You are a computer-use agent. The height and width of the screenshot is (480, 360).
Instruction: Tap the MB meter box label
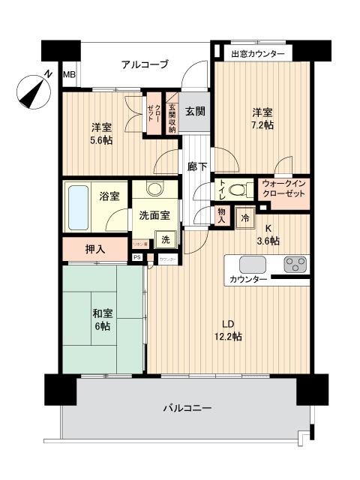coord(69,74)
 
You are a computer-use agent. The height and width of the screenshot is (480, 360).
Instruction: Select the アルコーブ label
coord(145,64)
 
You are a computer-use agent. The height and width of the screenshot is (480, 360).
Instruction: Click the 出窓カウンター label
coord(257,54)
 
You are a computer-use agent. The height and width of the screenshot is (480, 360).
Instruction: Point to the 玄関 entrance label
coord(196,110)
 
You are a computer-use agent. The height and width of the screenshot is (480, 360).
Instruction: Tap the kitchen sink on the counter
coord(251,265)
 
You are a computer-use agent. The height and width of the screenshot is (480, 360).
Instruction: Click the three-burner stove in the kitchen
coord(294,265)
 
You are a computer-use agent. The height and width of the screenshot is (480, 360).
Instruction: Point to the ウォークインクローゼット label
coord(283,188)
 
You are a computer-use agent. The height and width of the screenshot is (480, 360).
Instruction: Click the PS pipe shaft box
coord(136,256)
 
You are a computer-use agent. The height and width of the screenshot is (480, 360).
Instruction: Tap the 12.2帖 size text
coord(229,337)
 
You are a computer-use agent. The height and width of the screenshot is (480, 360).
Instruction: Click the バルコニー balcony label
coord(187,409)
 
